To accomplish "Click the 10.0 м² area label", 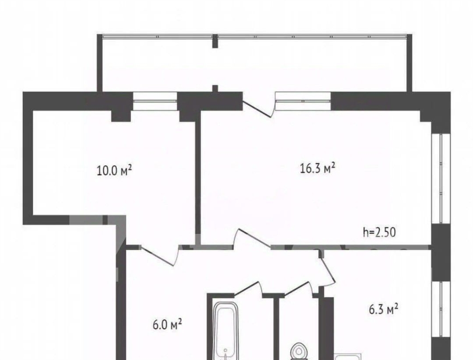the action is [x=115, y=170].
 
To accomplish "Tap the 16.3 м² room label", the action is [x=318, y=168].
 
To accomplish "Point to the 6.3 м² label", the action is [x=383, y=309].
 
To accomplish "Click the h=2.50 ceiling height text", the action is [x=379, y=232].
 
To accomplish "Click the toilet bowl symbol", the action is [x=299, y=352].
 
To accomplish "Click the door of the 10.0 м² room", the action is [x=160, y=255].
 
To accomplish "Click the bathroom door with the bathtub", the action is [x=248, y=288].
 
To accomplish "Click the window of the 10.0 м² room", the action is [x=155, y=101].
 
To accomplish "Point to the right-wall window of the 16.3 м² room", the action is [x=441, y=178].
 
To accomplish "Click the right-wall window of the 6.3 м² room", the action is [x=441, y=310].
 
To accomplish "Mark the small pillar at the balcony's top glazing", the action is [x=215, y=41].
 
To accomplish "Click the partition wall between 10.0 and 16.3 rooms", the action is [x=198, y=178].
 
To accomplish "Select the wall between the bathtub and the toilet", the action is [x=276, y=327].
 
